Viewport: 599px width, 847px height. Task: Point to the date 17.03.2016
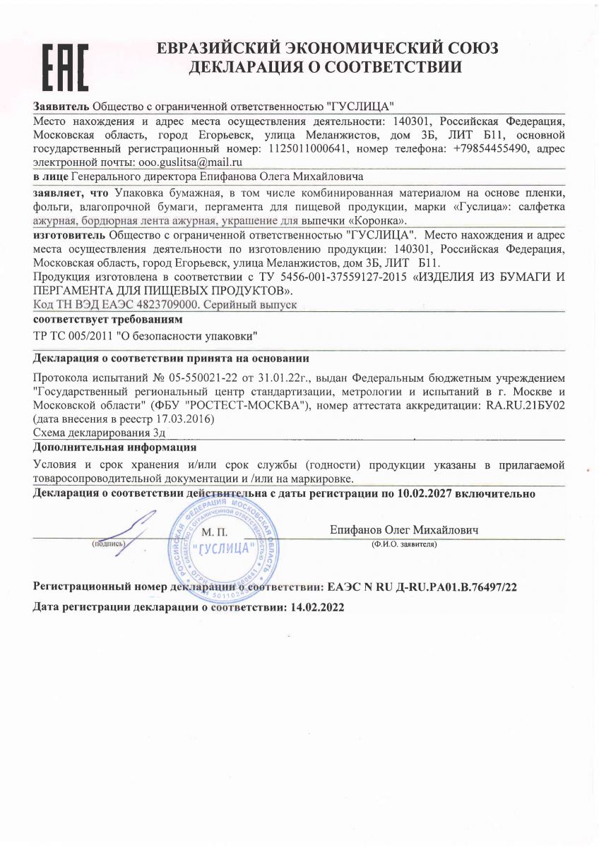pos(186,419)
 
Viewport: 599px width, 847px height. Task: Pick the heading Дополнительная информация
pos(114,447)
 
